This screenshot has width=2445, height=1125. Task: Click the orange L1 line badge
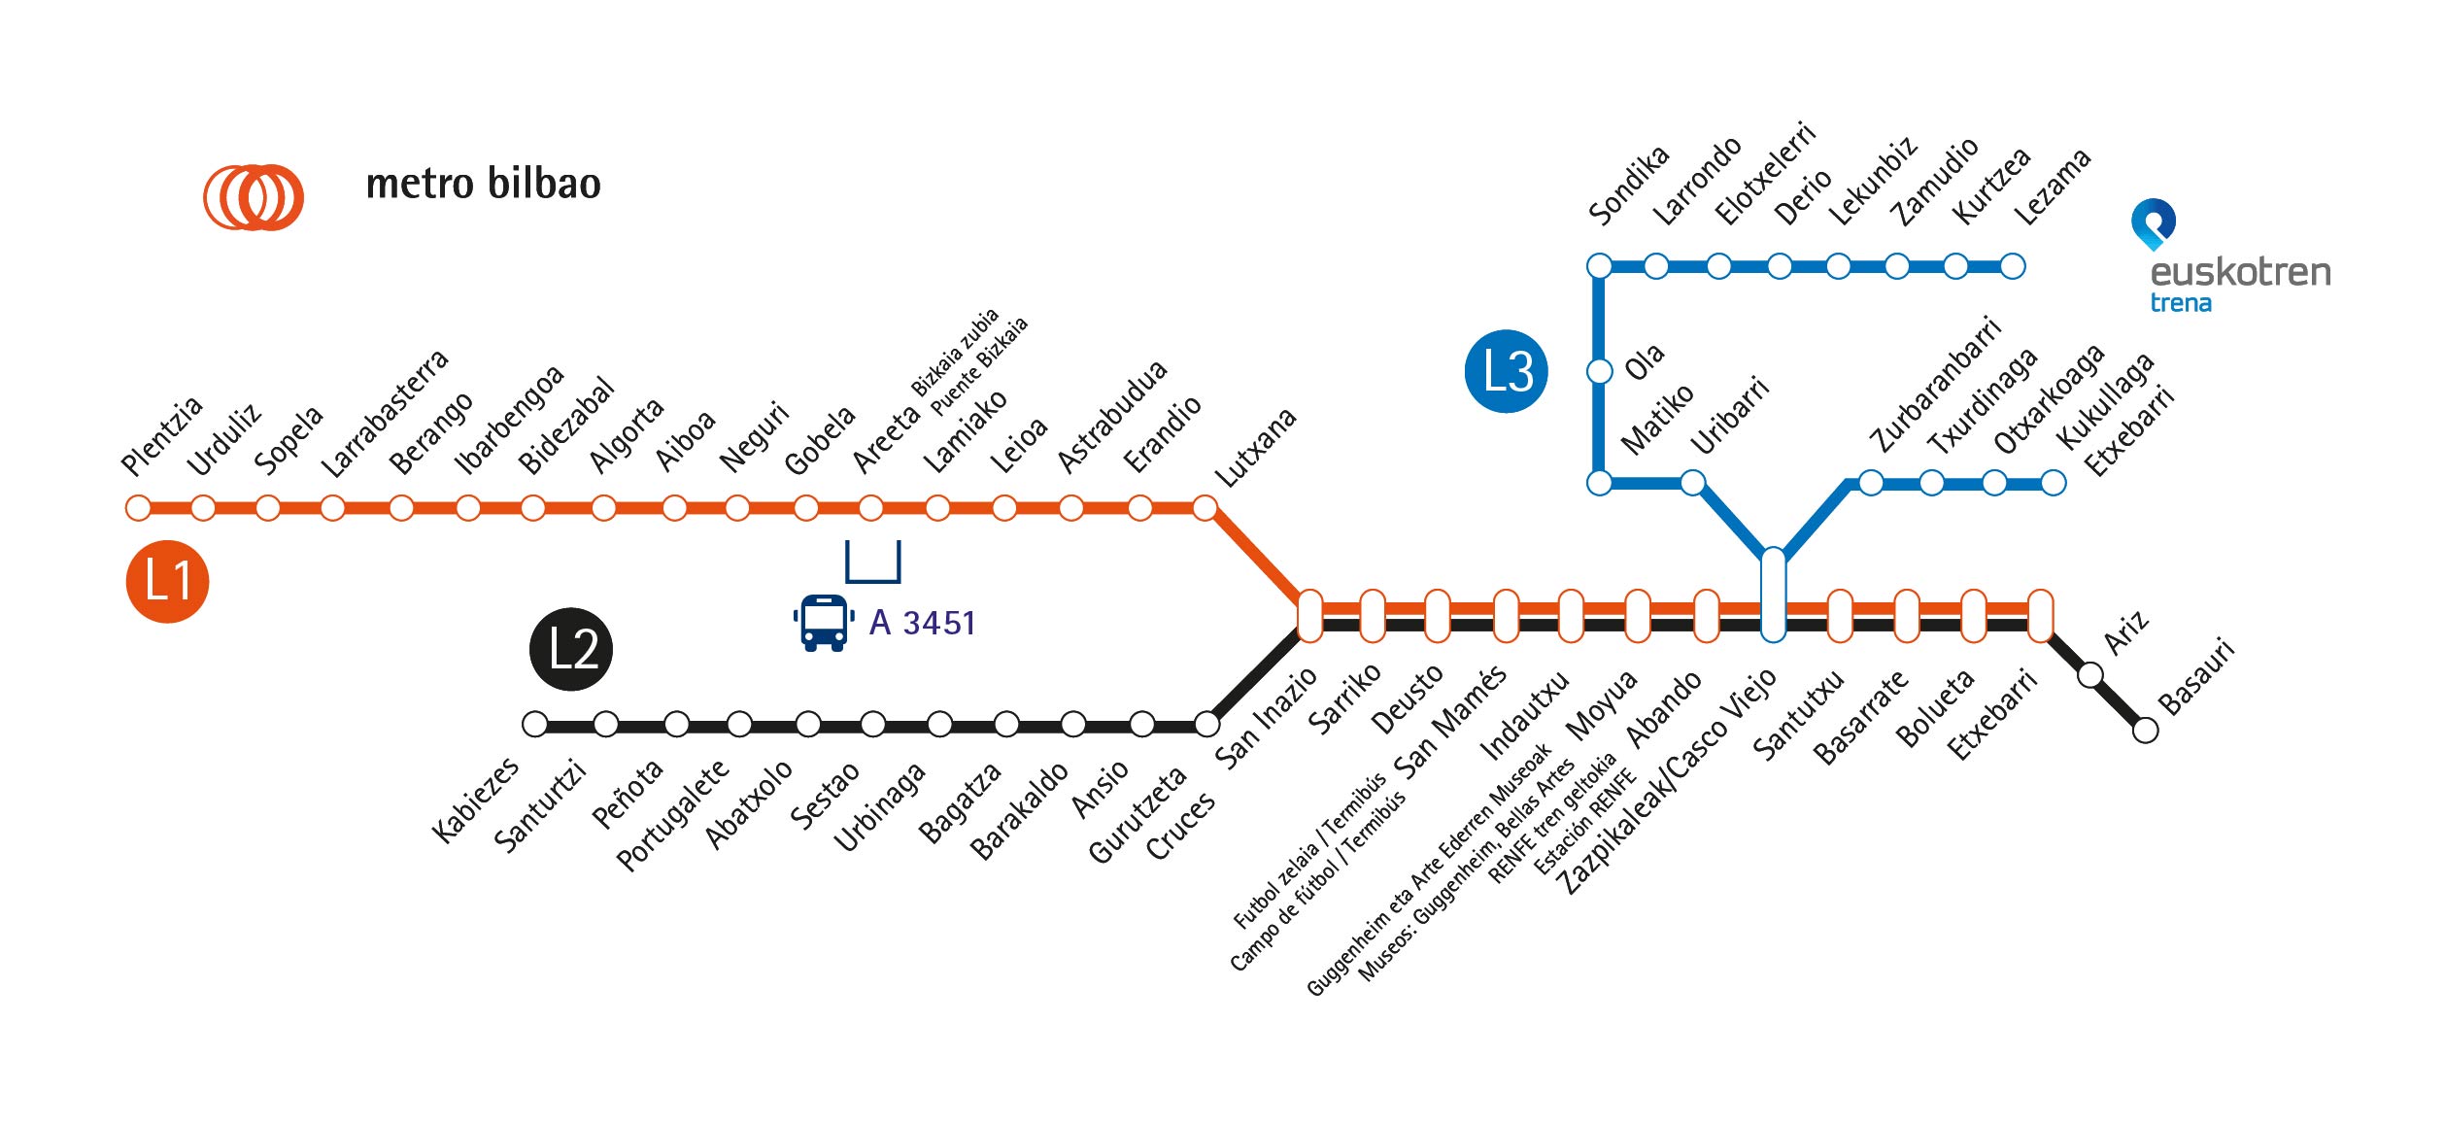pos(167,581)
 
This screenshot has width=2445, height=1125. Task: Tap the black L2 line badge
pos(570,649)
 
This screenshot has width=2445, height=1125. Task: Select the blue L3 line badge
pos(1506,371)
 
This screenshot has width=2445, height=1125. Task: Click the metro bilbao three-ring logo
pos(254,197)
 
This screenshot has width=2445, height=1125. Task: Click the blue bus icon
pos(824,623)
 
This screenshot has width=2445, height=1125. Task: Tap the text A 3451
pos(922,623)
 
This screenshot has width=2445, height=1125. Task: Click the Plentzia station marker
pos(139,507)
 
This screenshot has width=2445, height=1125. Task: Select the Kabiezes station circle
pos(535,724)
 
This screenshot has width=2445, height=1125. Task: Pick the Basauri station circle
pos(2145,730)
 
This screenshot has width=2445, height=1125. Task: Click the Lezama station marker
pos(2013,266)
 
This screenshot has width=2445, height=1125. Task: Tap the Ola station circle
pos(1599,371)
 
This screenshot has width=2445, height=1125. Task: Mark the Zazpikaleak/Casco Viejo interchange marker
pos(1773,595)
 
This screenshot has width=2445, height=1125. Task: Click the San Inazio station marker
pos(1309,616)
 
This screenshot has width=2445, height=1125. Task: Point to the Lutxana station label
pos(1256,448)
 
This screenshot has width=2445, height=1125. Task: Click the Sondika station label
pos(1628,185)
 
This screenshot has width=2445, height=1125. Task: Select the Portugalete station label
pos(672,815)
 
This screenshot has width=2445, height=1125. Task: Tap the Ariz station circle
pos(2090,674)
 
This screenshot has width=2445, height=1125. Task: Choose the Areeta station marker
pos(871,507)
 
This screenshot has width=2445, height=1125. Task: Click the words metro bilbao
pos(483,184)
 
